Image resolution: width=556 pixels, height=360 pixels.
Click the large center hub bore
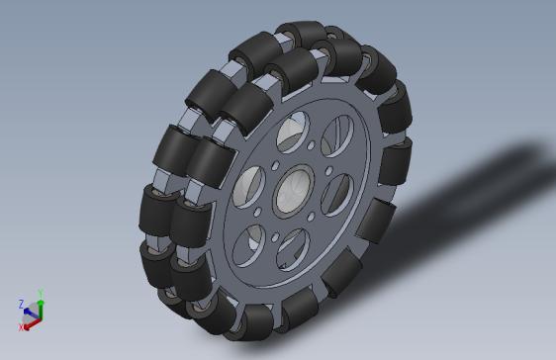coord(294,191)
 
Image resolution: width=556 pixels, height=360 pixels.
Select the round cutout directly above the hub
coord(293,133)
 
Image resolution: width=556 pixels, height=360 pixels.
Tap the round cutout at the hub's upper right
coord(337,136)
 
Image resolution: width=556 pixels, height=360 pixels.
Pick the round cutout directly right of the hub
coord(337,195)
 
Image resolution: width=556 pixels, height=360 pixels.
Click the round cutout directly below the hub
coord(293,249)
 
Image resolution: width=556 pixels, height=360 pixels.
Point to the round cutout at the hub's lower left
coord(249,245)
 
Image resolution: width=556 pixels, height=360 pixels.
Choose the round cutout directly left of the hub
coord(249,187)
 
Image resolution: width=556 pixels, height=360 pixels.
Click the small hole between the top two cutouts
coord(311,145)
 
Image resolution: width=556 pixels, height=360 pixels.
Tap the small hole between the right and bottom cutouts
coord(311,217)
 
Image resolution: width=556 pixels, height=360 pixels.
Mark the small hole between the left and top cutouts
coord(275,166)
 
